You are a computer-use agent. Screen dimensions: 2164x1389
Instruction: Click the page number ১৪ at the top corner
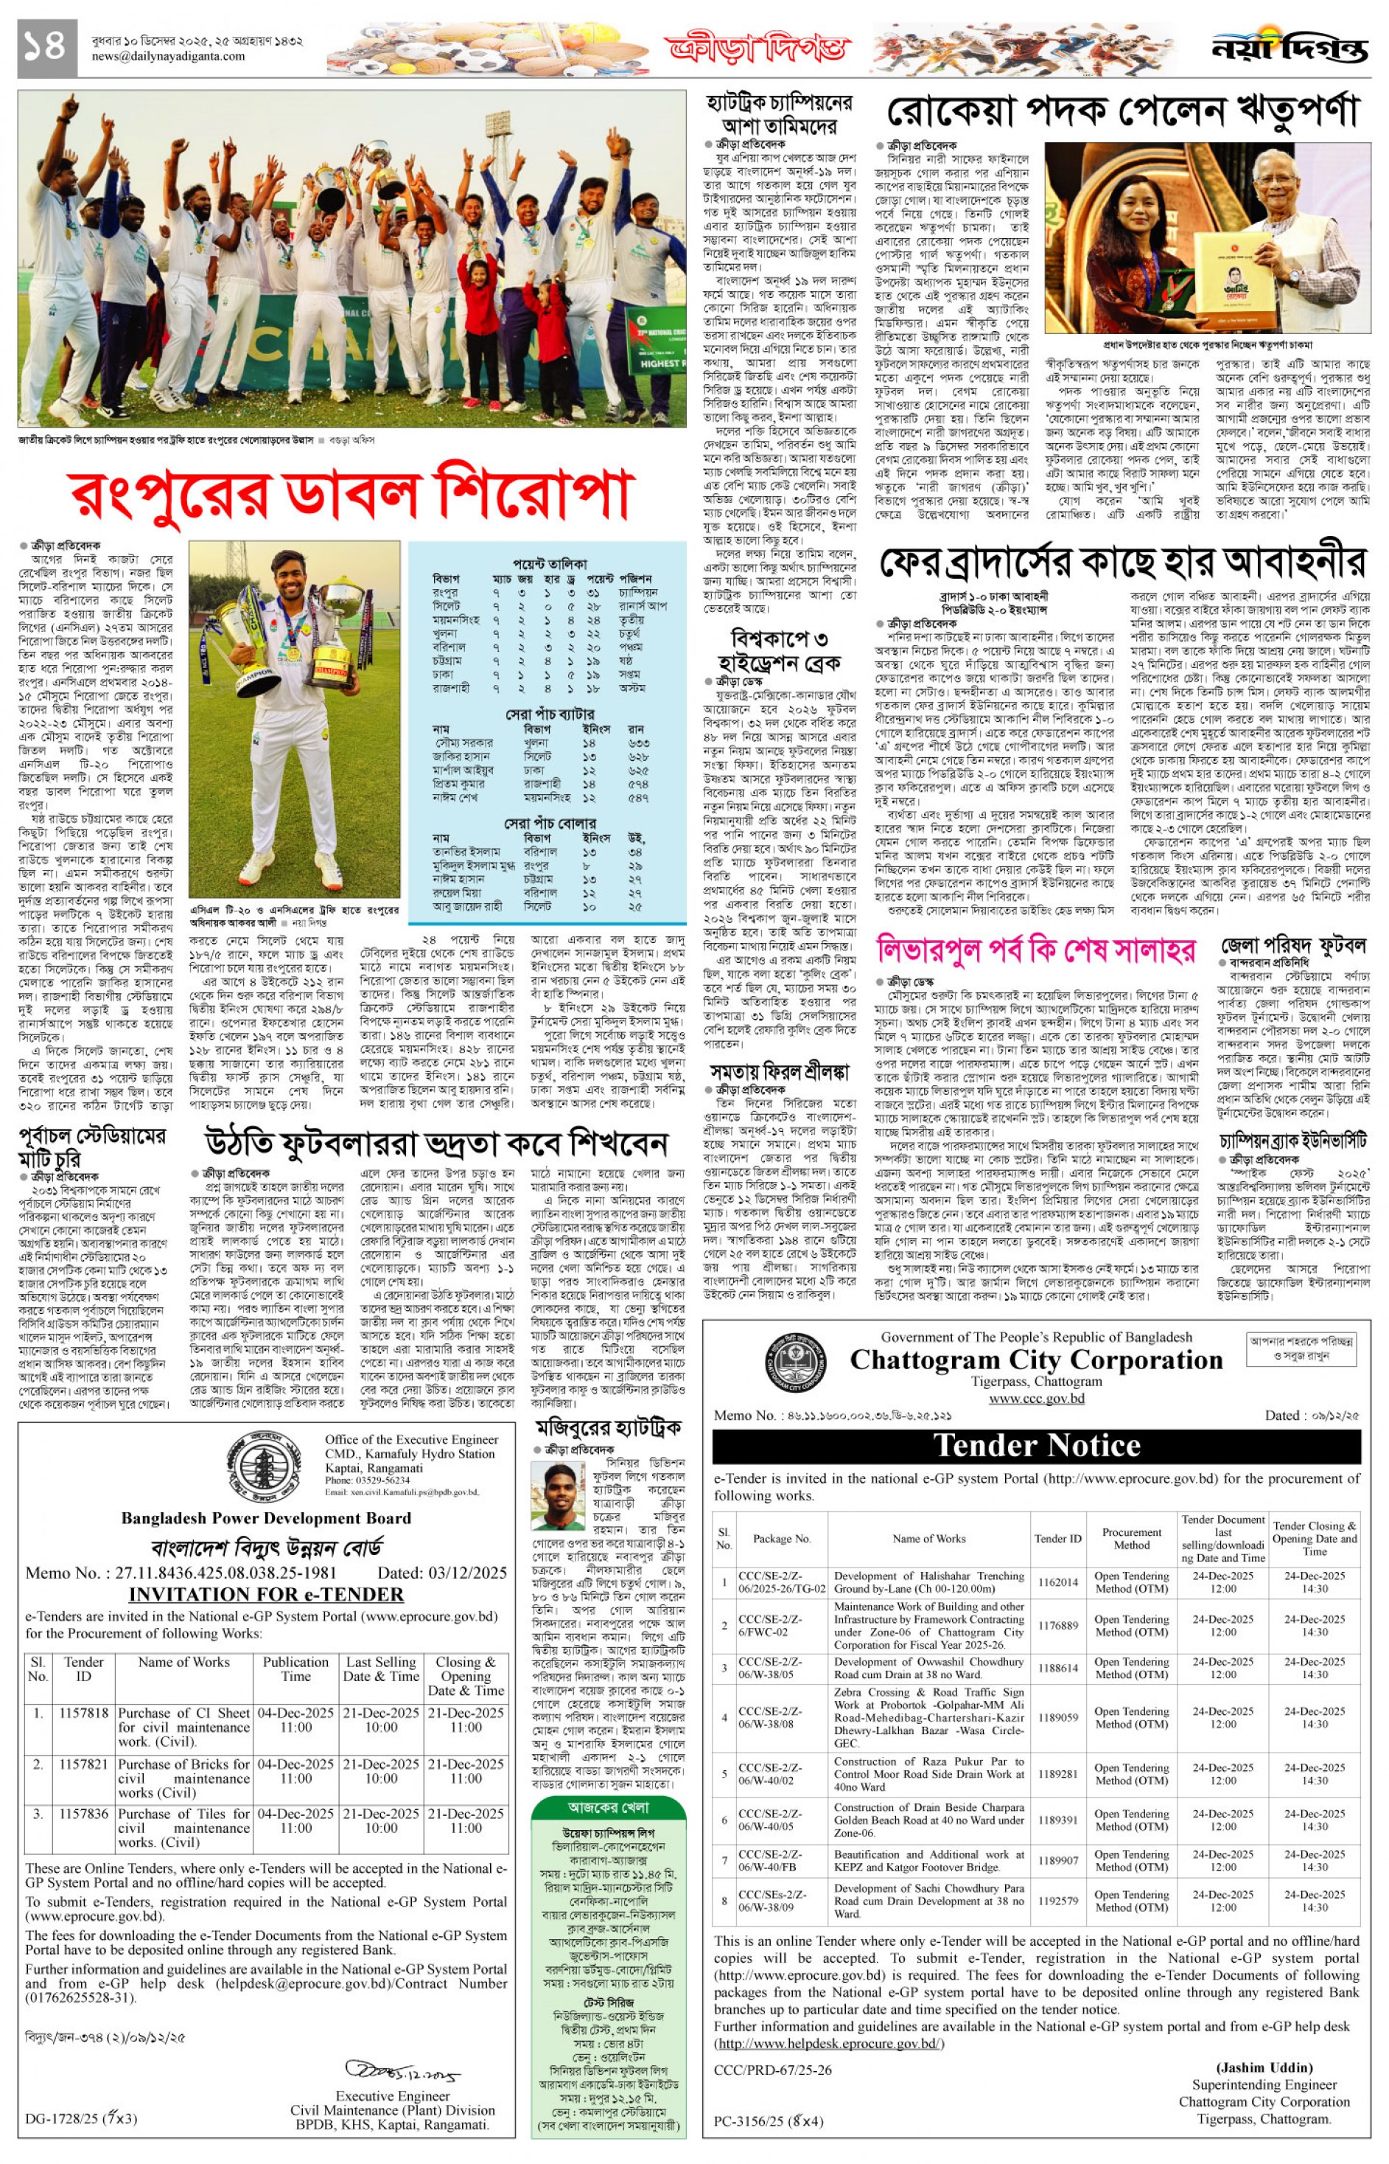(45, 46)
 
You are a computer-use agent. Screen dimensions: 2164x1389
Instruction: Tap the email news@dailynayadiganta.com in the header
(168, 57)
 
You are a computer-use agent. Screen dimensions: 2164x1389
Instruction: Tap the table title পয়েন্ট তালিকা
(549, 561)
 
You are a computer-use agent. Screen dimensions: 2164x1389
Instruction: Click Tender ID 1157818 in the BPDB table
(84, 1713)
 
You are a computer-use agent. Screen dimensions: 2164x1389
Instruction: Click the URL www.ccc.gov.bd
(1036, 1399)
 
